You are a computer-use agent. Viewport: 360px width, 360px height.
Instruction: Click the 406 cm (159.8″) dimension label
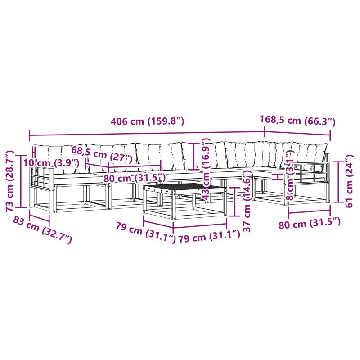point(148,121)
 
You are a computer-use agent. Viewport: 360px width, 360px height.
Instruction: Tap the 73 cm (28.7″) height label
point(9,181)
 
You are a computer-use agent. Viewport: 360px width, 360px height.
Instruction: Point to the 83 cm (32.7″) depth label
point(42,230)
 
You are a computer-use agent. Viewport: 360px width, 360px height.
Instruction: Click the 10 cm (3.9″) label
point(51,163)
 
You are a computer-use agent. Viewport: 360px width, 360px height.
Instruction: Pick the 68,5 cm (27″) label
point(102,154)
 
